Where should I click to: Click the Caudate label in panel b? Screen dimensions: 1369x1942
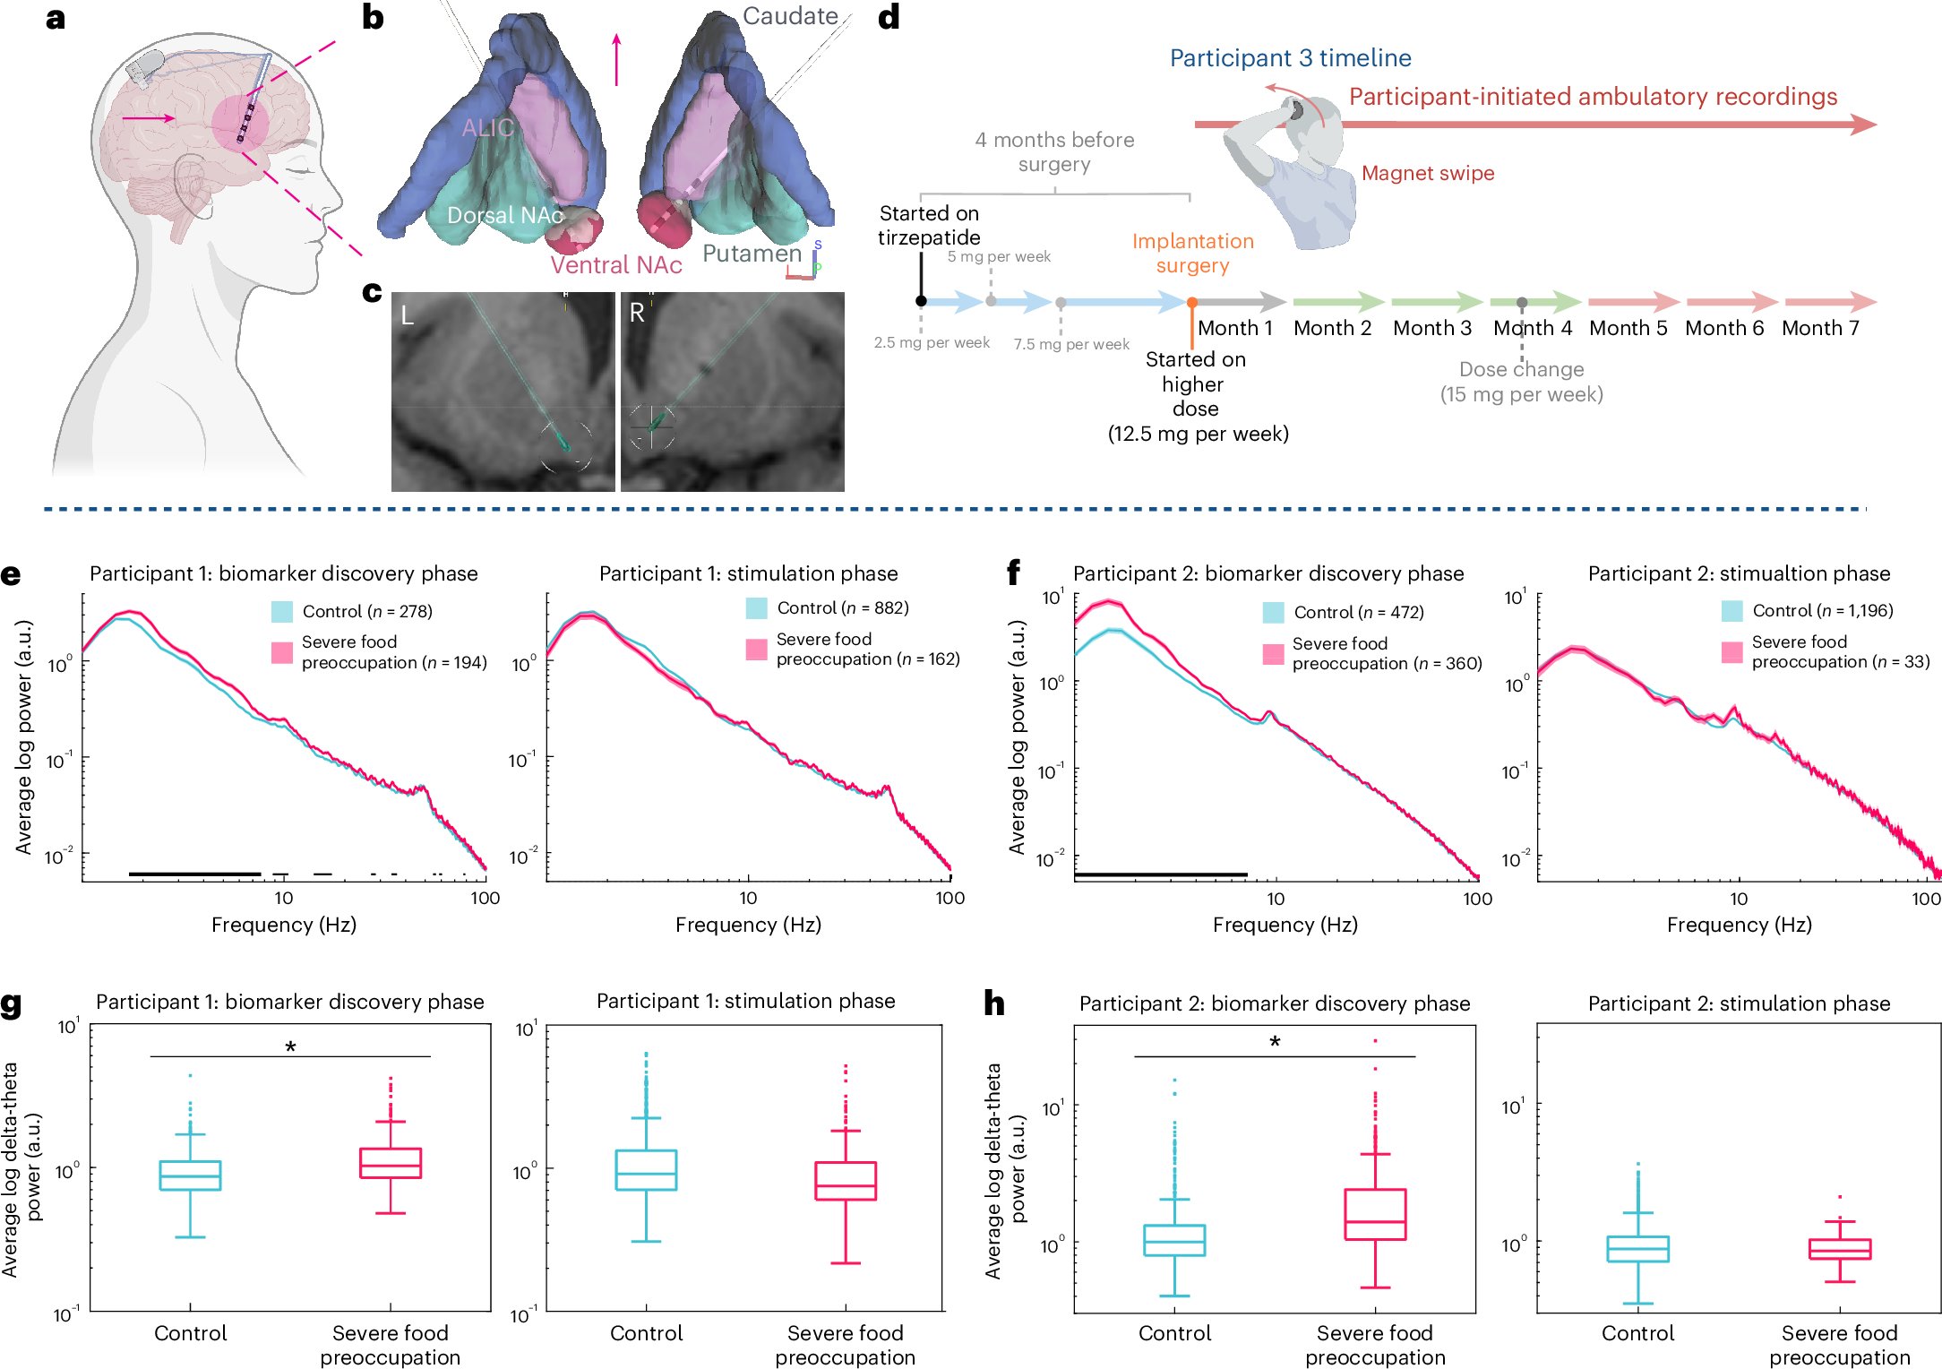[789, 16]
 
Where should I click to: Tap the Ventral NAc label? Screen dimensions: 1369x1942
[615, 265]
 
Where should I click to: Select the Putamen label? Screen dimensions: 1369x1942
[751, 254]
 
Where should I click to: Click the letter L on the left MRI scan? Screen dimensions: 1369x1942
[408, 315]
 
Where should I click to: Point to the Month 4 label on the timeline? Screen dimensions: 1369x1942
[1532, 328]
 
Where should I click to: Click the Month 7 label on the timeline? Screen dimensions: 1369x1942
[1820, 328]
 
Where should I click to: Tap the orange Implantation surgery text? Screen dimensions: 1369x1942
[1192, 254]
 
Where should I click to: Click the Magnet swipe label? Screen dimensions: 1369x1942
[1427, 174]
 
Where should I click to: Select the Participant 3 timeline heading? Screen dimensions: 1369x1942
[1290, 58]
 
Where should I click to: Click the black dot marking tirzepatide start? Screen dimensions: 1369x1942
[921, 301]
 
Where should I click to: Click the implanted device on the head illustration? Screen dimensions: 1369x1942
[144, 67]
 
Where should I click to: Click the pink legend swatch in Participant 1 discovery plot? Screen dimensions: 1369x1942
[282, 652]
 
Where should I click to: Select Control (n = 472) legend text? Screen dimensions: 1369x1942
[1358, 612]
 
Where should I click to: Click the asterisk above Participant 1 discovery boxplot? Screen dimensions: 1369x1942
[290, 1046]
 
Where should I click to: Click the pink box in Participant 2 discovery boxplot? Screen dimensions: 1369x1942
[1375, 1214]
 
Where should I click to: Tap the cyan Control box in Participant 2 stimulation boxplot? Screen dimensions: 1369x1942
[1637, 1249]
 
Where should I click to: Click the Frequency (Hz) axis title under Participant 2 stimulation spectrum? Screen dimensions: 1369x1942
[1739, 925]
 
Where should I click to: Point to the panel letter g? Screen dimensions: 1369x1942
[12, 1003]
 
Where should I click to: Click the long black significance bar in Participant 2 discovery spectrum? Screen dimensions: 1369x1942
[1160, 874]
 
